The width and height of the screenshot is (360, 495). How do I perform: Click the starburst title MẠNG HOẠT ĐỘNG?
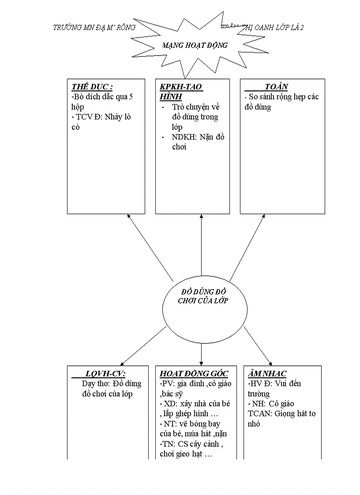click(195, 45)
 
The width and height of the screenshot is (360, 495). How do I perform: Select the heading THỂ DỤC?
click(92, 87)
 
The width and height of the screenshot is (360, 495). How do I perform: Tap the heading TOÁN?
click(276, 87)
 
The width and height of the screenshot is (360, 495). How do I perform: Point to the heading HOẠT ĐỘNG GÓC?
click(194, 373)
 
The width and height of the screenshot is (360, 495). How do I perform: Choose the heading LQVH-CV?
click(105, 373)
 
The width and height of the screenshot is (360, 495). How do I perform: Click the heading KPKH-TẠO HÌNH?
click(181, 91)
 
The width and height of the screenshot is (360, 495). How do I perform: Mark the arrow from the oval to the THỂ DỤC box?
click(150, 248)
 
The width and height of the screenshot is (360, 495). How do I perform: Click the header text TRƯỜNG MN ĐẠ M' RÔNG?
click(94, 27)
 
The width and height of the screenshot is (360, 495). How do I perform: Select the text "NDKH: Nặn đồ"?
click(198, 137)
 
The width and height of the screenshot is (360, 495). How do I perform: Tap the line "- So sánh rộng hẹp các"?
click(281, 97)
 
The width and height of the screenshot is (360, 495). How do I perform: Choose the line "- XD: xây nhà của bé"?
click(195, 404)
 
